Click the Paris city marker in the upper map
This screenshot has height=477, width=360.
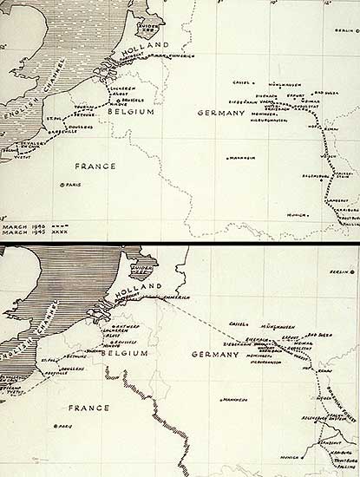click(62, 185)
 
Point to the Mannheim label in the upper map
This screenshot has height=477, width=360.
click(228, 158)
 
